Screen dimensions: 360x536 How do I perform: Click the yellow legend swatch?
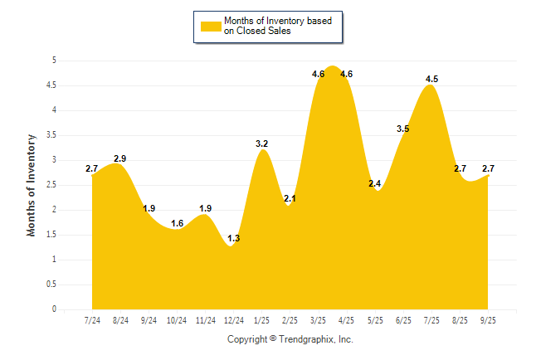[x=211, y=26]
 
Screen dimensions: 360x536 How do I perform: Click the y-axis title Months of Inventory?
[x=32, y=185]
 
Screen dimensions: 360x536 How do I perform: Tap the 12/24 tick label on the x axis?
[x=234, y=319]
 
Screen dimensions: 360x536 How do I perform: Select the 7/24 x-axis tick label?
[x=93, y=319]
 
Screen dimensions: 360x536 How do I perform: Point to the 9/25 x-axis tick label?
[x=488, y=319]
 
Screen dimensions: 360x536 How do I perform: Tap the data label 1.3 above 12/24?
[x=234, y=239]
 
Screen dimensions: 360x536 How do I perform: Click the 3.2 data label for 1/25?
[x=262, y=144]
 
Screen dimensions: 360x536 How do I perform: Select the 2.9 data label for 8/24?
[x=120, y=158]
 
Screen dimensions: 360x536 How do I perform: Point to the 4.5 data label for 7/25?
[x=431, y=80]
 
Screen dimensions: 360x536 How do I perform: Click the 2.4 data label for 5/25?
[x=375, y=184]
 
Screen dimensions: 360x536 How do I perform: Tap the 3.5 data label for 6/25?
[x=403, y=129]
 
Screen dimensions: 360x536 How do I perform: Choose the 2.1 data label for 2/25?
[x=290, y=199]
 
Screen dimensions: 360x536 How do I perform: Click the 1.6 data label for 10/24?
[x=178, y=224]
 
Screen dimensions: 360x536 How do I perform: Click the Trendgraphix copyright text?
[x=290, y=339]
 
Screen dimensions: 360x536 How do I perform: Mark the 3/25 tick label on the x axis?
[x=319, y=319]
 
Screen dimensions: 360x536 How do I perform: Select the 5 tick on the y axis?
[x=54, y=61]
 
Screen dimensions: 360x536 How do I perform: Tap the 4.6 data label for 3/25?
[x=319, y=75]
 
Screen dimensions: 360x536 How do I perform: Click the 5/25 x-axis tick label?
[x=375, y=319]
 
